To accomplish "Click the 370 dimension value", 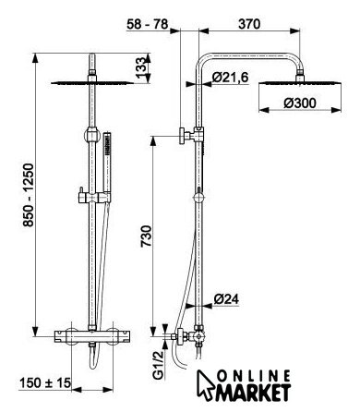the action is [x=249, y=24].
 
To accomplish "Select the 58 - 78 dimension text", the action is [x=148, y=24].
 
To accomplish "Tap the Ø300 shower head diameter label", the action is [x=300, y=103].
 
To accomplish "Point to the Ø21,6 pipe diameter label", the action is [x=230, y=78].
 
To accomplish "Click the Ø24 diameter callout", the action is [x=226, y=298].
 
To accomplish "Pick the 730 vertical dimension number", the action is [x=147, y=236].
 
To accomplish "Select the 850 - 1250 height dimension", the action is [x=30, y=195].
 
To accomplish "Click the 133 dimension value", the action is [x=140, y=67].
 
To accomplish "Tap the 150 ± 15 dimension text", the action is [x=45, y=382].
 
